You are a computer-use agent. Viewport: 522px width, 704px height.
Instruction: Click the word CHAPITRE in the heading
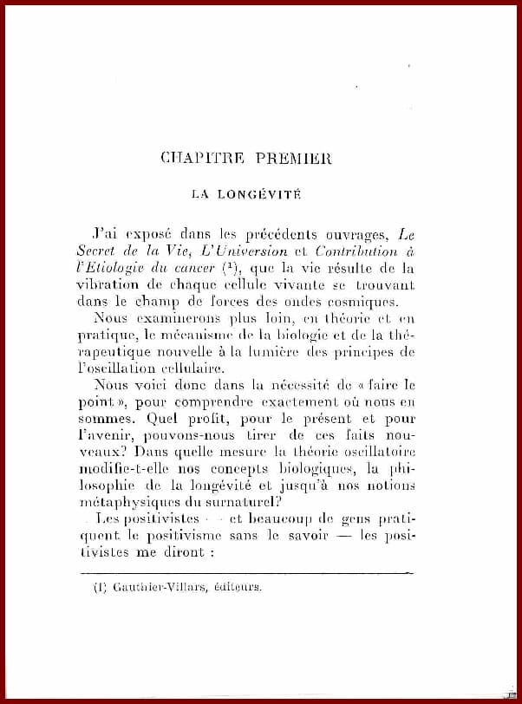click(x=197, y=158)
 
